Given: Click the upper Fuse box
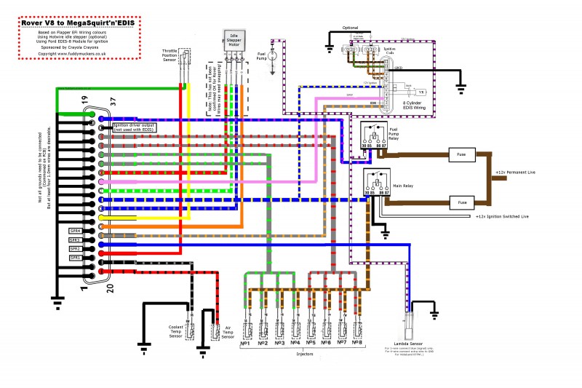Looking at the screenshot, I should coord(461,154).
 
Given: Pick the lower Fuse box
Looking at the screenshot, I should coord(461,201).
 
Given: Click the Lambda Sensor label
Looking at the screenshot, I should coord(408,341).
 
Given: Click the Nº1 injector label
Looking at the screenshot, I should coord(245,341).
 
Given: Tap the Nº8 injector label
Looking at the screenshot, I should coord(356,341).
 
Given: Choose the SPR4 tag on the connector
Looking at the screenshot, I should coord(74,231).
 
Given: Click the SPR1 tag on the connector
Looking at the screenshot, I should coord(74,258).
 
